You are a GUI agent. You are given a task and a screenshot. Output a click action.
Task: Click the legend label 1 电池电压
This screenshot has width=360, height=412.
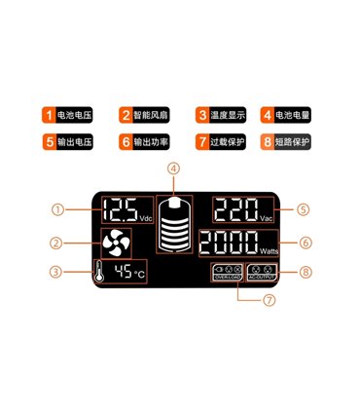pos(68,115)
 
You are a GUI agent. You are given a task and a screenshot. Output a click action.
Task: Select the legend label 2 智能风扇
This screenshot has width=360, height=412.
pos(147,115)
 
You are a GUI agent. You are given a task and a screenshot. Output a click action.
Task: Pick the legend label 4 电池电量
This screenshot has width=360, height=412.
pos(287,115)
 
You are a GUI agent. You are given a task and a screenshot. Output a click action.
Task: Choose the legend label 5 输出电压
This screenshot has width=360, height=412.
pos(68,141)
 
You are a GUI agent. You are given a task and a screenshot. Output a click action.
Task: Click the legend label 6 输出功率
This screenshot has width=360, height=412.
pos(147,141)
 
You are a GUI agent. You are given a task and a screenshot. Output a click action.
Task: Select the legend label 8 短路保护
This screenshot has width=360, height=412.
pos(287,141)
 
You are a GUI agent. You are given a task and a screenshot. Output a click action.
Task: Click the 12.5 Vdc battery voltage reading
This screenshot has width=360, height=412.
pos(126,210)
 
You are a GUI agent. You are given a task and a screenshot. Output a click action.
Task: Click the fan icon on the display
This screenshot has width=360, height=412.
pos(113,243)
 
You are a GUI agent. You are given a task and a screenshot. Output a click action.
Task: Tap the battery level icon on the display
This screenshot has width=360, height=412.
pos(174,228)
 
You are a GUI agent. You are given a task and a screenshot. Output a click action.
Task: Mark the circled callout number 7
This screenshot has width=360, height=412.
pos(270,300)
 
